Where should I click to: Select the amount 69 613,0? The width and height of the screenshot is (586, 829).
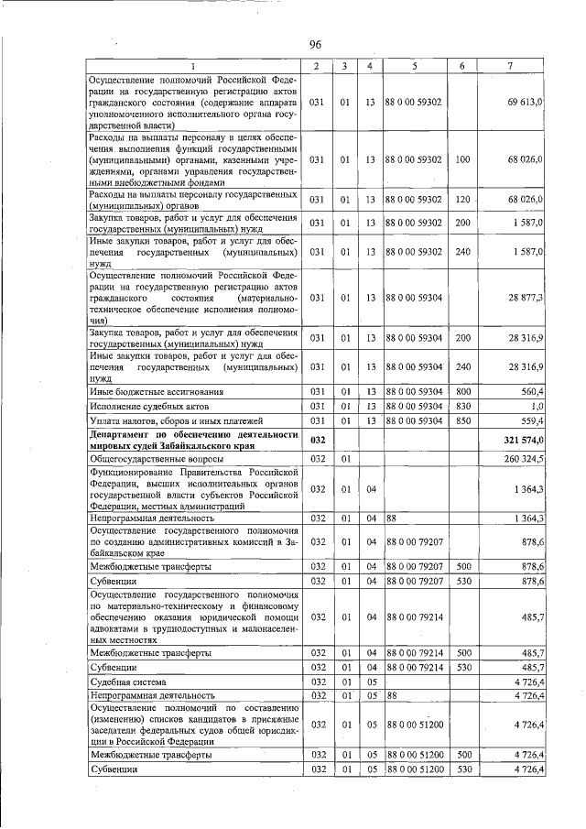pyautogui.click(x=526, y=101)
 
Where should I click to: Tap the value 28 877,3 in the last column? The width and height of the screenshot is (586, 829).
pyautogui.click(x=526, y=298)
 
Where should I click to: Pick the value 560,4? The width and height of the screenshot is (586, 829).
pyautogui.click(x=531, y=391)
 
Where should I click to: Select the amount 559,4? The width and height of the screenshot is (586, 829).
pyautogui.click(x=531, y=420)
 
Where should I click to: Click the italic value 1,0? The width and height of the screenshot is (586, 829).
pyautogui.click(x=537, y=406)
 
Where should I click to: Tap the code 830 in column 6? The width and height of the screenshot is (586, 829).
pyautogui.click(x=462, y=406)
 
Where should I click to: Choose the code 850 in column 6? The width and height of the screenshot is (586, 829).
pyautogui.click(x=462, y=420)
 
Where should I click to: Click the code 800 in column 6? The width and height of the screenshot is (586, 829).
pyautogui.click(x=462, y=391)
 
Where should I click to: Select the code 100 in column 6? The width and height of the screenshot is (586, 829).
pyautogui.click(x=462, y=159)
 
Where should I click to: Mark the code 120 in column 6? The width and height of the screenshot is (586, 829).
pyautogui.click(x=462, y=199)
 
